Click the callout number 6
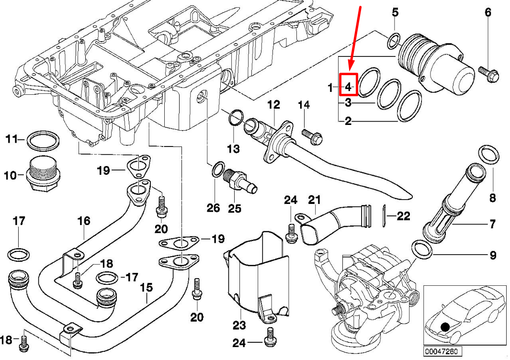(488, 12)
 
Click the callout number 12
(273, 104)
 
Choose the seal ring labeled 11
(43, 141)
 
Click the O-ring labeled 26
(218, 169)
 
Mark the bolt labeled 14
(312, 136)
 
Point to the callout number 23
(239, 326)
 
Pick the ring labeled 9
(420, 249)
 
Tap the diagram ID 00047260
(441, 352)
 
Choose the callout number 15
(146, 288)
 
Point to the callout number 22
(403, 216)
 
